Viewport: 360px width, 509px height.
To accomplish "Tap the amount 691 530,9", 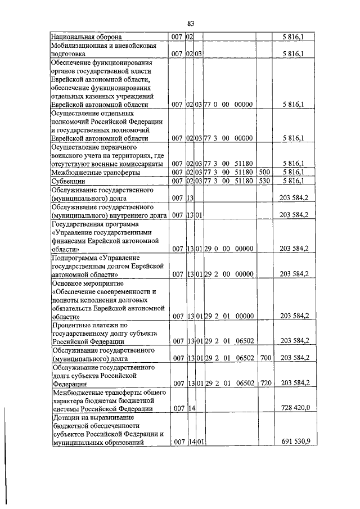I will (x=294, y=443).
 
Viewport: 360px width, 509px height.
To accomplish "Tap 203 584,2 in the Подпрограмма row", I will (x=294, y=274).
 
